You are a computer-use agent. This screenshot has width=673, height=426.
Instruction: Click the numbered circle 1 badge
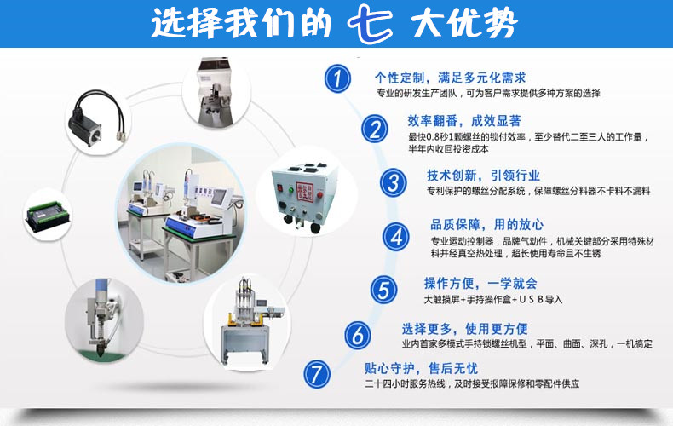338,79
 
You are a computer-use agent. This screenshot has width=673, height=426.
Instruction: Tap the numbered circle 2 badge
373,129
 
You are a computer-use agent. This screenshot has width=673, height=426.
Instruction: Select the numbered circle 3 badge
393,182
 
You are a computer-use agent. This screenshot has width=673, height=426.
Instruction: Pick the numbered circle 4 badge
395,235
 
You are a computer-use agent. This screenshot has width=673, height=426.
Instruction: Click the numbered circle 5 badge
383,289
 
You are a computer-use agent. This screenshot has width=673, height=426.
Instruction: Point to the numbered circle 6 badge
358,334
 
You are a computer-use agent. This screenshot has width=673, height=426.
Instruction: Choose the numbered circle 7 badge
317,373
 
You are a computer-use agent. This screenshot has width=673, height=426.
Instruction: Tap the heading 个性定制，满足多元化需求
451,76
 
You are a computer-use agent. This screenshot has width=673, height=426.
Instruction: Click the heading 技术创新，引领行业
483,175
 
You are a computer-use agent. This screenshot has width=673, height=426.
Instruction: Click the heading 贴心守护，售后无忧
421,368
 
